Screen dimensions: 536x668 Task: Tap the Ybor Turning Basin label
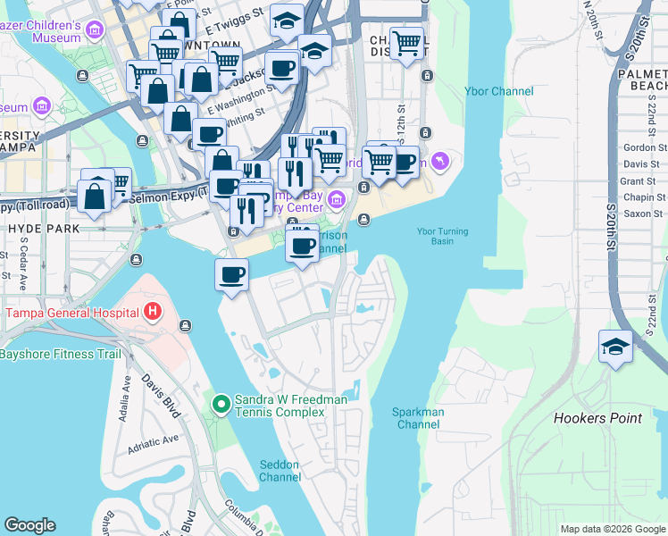point(437,235)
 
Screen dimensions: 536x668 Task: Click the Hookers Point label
point(597,418)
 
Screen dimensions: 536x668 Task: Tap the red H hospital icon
point(153,313)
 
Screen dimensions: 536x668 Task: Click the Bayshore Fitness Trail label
point(60,354)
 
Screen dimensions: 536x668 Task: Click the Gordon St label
point(645,147)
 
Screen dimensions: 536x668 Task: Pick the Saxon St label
point(644,214)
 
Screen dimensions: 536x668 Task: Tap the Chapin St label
point(644,197)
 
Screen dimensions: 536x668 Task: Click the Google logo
point(29,525)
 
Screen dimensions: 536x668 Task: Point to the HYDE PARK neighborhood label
point(40,229)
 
